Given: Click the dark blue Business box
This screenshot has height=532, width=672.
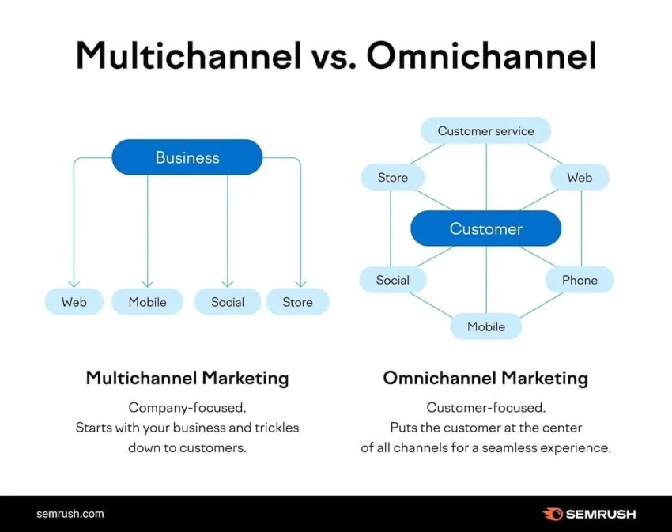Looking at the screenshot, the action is [187, 157].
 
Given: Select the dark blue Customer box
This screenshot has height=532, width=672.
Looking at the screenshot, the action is [485, 228].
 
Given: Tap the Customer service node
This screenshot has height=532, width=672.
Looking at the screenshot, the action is [485, 130].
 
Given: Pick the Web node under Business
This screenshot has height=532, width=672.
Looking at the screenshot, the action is [74, 302].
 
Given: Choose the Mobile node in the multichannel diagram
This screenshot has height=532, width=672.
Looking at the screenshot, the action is [147, 302].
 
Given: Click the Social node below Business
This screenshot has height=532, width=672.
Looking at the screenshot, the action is [228, 302].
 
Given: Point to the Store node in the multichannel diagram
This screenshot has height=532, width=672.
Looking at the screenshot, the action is [297, 302].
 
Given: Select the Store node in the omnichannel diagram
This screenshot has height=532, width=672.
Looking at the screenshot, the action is [393, 178].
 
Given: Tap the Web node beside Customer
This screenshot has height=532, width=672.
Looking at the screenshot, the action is [580, 178].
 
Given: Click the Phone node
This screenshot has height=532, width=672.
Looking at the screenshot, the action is [580, 280].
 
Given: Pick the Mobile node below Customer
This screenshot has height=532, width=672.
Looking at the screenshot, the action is [486, 326].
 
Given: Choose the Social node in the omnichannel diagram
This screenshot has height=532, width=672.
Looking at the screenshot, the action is [393, 280].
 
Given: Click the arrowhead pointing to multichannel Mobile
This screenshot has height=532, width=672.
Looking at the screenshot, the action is [147, 284].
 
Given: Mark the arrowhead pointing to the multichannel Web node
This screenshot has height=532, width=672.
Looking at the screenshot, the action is [74, 284].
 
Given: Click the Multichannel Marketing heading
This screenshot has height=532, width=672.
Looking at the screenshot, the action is [187, 379].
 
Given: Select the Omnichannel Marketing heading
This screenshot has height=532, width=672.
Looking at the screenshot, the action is [485, 379].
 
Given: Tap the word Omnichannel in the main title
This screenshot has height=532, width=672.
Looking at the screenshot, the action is [481, 55].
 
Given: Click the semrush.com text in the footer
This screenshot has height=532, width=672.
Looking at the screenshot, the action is [70, 514].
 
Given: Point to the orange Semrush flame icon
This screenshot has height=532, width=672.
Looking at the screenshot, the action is [552, 514].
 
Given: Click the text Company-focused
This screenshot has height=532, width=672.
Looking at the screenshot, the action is [187, 407].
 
